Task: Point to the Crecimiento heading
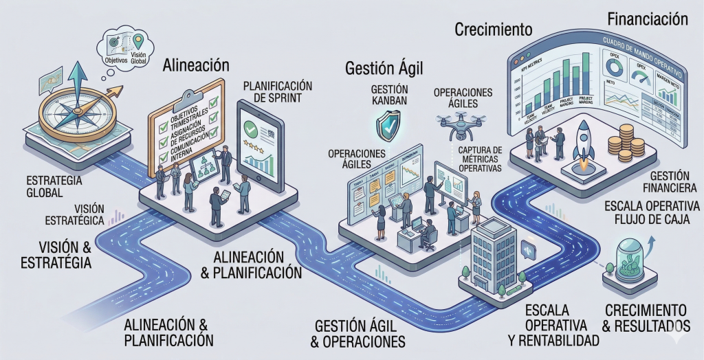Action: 494,30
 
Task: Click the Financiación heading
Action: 648,19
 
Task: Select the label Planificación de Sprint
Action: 278,91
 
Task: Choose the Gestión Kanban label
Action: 389,95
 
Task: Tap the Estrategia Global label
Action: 54,186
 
